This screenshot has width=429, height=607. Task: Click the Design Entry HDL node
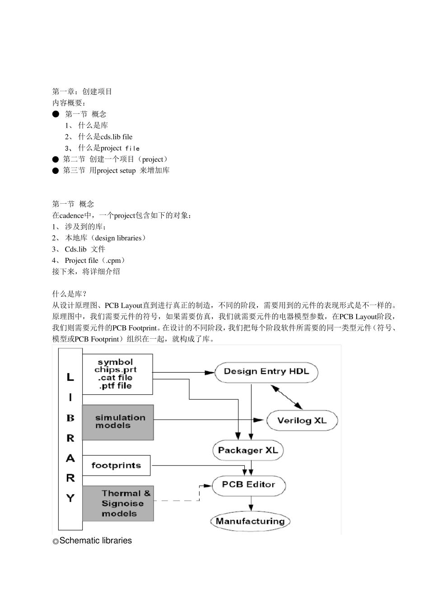coord(266,372)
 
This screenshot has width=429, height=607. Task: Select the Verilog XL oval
coord(301,420)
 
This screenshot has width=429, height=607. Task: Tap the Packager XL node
coord(247,450)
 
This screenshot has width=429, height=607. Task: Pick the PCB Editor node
coord(248,485)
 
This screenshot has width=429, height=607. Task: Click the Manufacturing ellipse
coord(250,521)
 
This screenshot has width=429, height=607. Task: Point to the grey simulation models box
coord(118,422)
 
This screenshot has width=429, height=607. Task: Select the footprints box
coord(116,466)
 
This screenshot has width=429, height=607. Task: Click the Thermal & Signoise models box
coord(118,504)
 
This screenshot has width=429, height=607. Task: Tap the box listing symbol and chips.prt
coord(117,374)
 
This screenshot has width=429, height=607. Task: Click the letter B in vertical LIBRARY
coord(70,418)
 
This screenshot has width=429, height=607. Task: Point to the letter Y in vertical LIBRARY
coord(70,498)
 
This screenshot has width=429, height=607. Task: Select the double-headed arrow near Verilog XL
coord(287,397)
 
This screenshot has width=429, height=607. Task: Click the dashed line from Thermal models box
coord(176,500)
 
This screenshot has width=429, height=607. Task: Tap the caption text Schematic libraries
coord(95,541)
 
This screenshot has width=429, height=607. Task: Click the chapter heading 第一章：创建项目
coord(82,92)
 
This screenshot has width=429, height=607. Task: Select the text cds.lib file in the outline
coord(117,137)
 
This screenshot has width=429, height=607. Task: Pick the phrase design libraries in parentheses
coord(118,238)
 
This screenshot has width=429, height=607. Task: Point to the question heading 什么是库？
coord(69,294)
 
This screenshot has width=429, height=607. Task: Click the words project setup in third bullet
coord(116,171)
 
